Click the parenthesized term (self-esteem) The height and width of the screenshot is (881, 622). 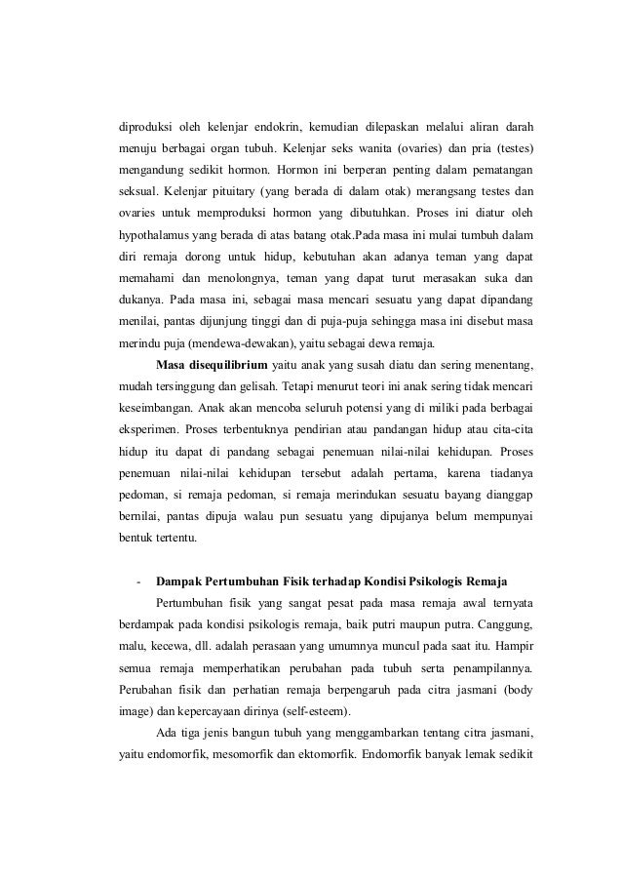pyautogui.click(x=291, y=711)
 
